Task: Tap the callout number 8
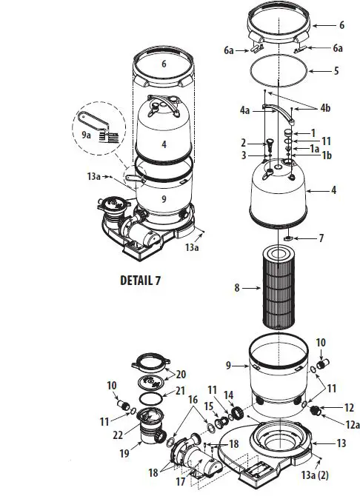click(236, 288)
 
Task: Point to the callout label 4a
click(245, 109)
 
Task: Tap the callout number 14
click(228, 395)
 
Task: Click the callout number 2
click(243, 142)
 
